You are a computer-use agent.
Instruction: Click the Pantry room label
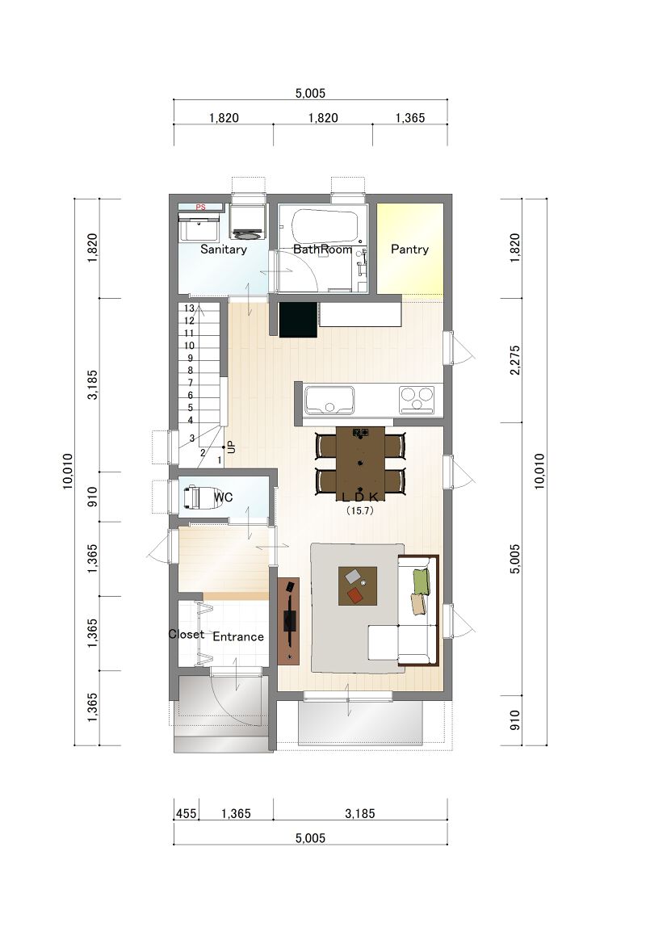tap(409, 250)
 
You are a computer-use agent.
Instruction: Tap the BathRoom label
tap(323, 250)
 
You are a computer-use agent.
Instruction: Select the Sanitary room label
tap(224, 250)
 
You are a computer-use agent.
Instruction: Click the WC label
tap(224, 497)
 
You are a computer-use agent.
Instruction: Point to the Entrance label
tap(238, 636)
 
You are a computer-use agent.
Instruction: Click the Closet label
tap(186, 634)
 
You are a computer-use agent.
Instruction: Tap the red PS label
tap(200, 207)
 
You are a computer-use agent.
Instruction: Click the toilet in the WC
tap(191, 497)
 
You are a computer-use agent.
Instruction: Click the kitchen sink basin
tap(329, 400)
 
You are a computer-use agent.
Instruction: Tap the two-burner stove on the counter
tap(417, 400)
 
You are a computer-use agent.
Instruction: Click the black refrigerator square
tap(298, 320)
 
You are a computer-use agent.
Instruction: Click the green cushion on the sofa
tap(422, 581)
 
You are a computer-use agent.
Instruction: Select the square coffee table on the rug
tap(358, 585)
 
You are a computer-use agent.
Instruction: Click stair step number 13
tap(190, 308)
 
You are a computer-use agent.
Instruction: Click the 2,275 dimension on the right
tap(514, 360)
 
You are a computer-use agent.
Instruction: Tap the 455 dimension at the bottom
tap(186, 813)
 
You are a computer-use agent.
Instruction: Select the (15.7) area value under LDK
tap(360, 510)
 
